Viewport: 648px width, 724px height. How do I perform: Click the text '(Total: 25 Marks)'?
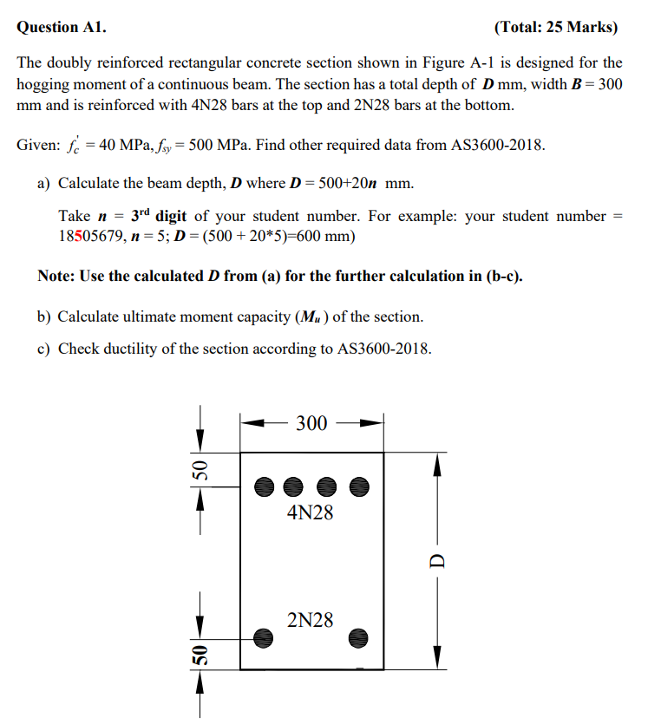556,27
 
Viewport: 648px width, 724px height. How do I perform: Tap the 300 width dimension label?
311,423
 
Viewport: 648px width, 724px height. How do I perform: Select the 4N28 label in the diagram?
311,512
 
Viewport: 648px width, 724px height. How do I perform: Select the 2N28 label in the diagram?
311,620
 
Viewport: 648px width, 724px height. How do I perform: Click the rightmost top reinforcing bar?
360,486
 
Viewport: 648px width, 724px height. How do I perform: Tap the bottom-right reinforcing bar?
360,637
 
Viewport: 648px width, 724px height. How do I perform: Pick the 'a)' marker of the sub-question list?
43,184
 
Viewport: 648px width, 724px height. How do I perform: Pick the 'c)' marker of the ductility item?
43,349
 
